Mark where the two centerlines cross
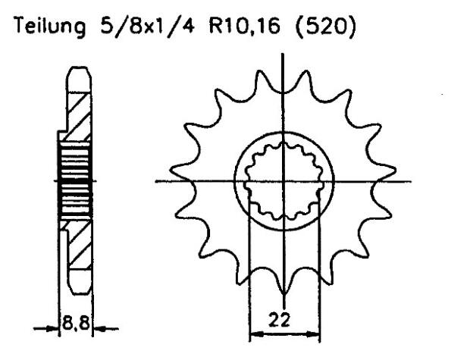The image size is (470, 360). point(284,181)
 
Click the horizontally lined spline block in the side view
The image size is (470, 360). point(75,181)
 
